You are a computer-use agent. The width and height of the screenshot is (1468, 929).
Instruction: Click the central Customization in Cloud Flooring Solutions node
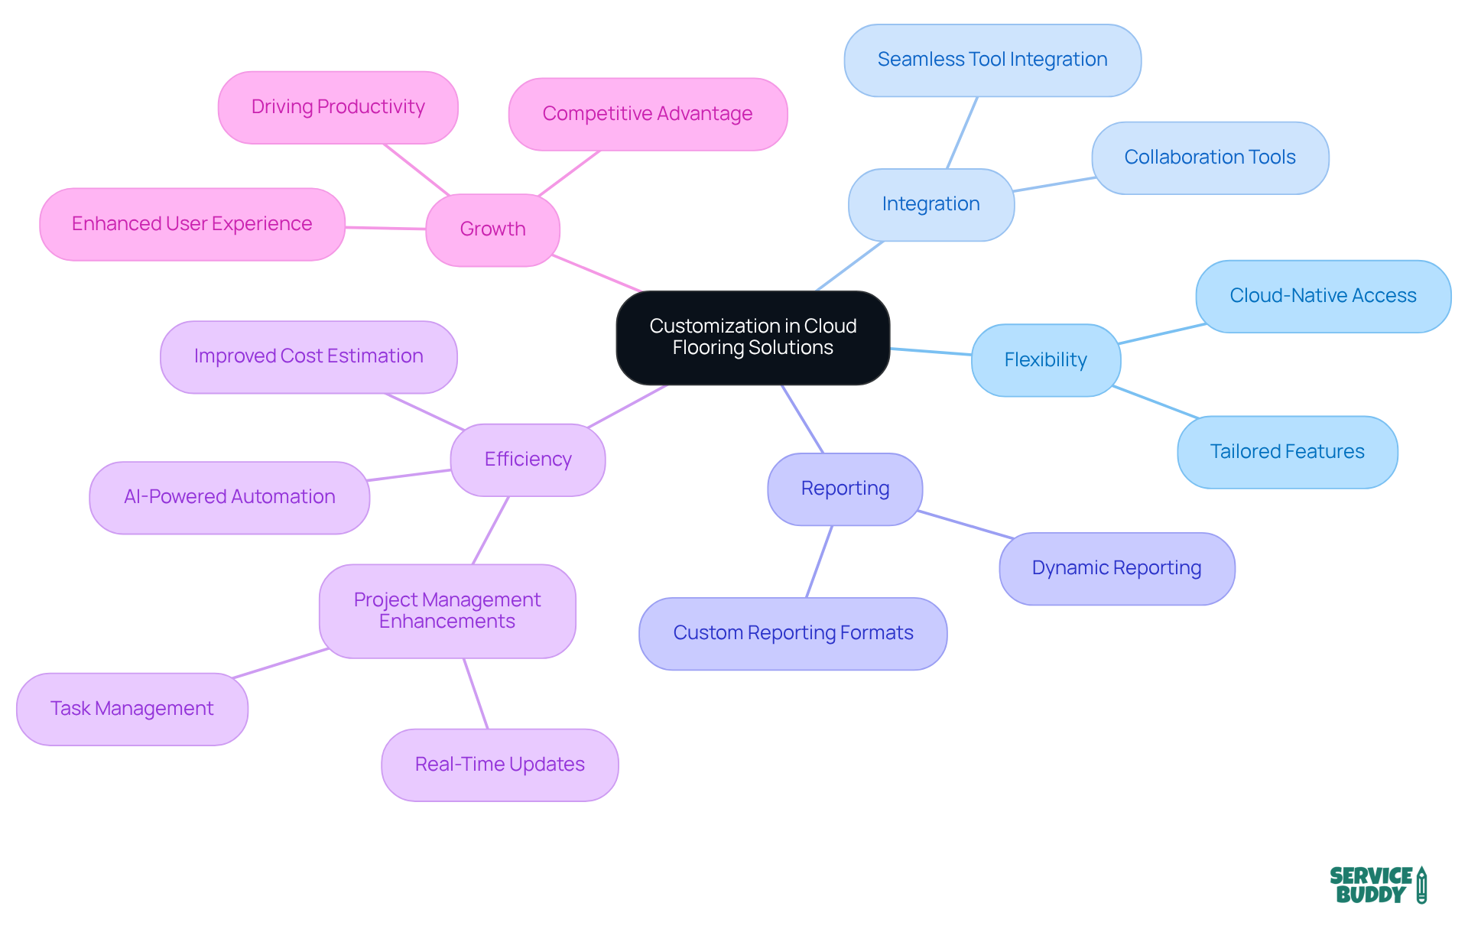click(752, 337)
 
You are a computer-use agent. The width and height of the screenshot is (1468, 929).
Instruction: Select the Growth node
click(492, 229)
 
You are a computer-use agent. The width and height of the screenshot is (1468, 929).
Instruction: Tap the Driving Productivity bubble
click(338, 107)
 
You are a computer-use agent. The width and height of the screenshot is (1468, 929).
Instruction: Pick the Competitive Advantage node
click(648, 114)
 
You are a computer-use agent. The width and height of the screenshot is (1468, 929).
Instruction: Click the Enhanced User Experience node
click(192, 224)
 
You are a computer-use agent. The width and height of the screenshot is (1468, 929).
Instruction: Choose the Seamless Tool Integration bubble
click(992, 60)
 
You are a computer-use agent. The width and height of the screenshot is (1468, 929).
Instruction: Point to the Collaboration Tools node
click(1210, 158)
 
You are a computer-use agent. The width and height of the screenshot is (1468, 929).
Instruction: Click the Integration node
click(930, 204)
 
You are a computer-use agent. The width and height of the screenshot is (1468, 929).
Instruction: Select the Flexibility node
click(1045, 360)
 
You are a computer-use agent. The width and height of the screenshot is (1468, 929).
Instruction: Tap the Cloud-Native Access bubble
click(1323, 296)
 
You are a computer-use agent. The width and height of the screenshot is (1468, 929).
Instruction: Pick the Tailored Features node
click(1287, 452)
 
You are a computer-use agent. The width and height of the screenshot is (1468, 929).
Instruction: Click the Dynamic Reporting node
click(1116, 568)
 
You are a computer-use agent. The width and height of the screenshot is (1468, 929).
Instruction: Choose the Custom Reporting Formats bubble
click(793, 633)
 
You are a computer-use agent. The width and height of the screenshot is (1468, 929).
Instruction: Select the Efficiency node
click(528, 460)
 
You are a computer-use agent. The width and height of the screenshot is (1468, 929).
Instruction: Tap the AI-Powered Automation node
click(229, 497)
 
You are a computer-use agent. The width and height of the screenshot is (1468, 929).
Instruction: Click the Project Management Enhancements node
click(447, 611)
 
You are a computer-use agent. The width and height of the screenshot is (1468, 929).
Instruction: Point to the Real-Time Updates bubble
click(499, 765)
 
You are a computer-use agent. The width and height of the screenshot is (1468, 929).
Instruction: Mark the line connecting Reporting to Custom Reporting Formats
click(819, 562)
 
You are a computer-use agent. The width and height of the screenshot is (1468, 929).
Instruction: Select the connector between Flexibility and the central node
click(930, 352)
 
